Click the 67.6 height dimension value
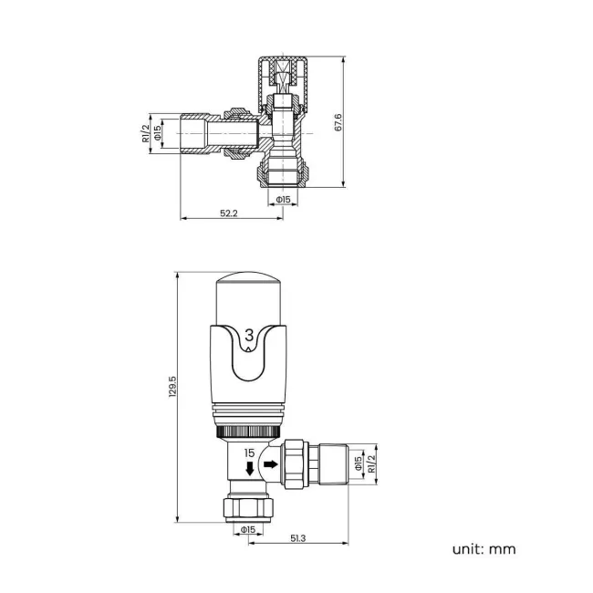[x=338, y=123]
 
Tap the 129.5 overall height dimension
[x=172, y=398]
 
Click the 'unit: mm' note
[x=484, y=548]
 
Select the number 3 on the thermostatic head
[x=251, y=336]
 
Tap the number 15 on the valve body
[x=249, y=453]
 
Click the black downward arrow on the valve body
[x=249, y=469]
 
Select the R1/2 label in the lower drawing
[x=371, y=464]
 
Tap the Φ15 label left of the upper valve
[x=157, y=134]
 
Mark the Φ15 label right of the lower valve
[x=359, y=464]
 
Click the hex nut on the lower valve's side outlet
[x=295, y=464]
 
